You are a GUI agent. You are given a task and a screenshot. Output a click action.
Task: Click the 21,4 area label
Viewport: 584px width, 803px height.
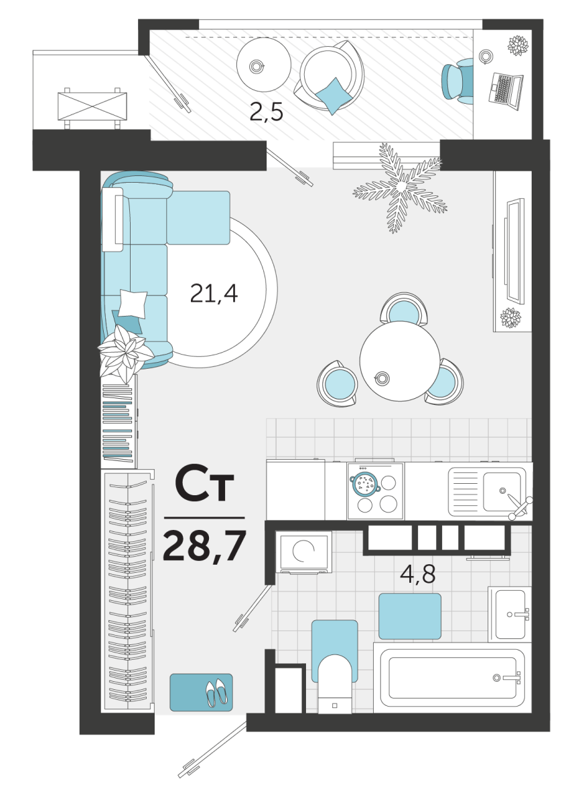(214, 294)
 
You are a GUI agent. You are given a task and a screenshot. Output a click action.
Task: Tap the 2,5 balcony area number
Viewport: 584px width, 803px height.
(267, 112)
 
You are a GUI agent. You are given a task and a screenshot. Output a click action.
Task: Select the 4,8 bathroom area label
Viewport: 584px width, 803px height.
(418, 574)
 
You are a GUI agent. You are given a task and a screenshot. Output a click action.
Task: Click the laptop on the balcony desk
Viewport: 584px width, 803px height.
(506, 90)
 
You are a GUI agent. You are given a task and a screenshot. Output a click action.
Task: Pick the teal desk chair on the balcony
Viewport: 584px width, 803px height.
(457, 82)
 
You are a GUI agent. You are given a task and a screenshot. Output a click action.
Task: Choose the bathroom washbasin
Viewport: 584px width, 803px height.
(510, 615)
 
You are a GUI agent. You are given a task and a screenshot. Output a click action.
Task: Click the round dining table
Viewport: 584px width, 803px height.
(400, 361)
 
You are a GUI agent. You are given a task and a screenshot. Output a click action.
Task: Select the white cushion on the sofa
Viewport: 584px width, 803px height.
(133, 304)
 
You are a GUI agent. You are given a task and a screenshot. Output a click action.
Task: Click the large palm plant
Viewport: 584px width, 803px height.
(400, 187)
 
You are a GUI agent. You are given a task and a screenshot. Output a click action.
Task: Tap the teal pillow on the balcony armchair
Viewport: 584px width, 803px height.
(334, 96)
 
